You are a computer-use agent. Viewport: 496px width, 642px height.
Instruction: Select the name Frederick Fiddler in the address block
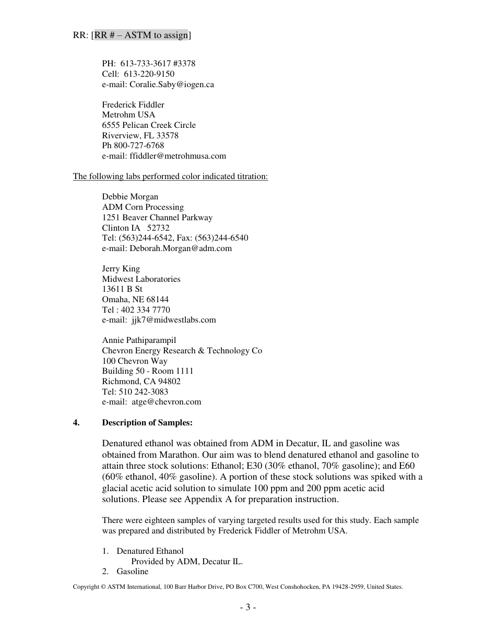133,104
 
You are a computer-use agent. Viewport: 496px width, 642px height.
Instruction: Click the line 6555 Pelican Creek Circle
149,125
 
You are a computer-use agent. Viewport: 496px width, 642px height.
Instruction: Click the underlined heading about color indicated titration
170,176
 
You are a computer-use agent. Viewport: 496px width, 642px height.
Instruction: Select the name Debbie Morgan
130,196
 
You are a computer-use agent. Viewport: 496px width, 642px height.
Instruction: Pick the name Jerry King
121,268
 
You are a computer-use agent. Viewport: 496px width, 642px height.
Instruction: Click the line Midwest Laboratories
141,279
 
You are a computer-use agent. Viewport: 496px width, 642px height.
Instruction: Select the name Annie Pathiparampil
139,340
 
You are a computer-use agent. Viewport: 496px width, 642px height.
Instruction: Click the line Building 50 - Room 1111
148,371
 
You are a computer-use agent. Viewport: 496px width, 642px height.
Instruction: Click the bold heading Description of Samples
147,422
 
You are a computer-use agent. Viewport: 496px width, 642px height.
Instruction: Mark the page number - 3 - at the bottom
248,607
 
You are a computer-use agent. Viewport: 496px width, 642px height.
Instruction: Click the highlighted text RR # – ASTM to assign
141,35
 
